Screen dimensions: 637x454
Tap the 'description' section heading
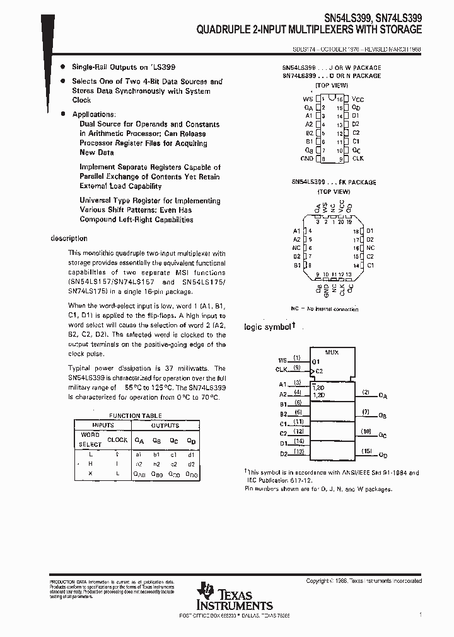coord(69,239)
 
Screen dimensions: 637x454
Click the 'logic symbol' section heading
coord(268,327)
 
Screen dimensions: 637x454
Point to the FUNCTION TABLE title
coord(136,415)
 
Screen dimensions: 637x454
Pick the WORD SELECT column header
coord(90,439)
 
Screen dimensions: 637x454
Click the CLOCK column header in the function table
coord(117,440)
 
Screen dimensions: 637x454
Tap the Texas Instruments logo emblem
coord(204,592)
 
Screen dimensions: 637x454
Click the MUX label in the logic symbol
coord(332,352)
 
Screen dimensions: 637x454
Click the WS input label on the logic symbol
coord(282,359)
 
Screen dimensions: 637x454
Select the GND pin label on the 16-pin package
coord(306,160)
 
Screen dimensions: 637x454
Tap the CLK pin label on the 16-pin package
coord(358,160)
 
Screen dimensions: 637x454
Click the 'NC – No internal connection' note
coord(325,309)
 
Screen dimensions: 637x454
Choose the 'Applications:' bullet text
coord(94,115)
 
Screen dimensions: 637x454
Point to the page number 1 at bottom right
coord(420,614)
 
